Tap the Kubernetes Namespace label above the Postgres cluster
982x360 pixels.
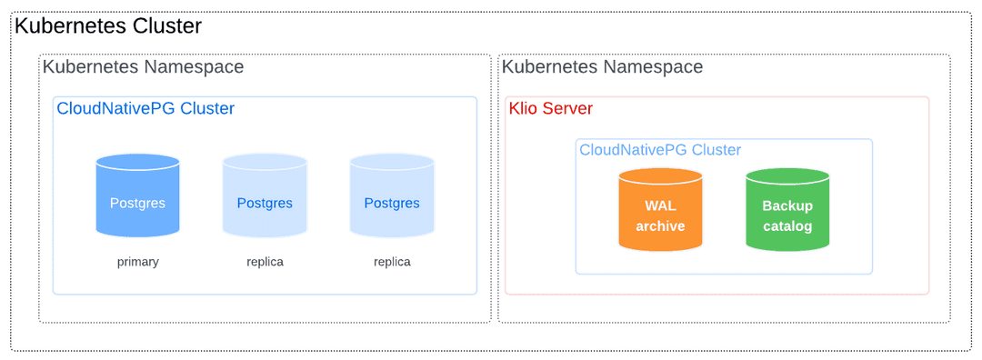(143, 67)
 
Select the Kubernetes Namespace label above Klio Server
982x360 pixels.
(602, 67)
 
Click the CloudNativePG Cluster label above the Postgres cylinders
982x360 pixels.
(145, 109)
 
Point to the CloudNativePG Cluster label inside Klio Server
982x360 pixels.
(660, 150)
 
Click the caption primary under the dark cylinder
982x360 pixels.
(138, 262)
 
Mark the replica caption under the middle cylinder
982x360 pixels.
(265, 262)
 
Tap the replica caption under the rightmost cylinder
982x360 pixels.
(392, 262)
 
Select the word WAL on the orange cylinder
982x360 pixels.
(660, 206)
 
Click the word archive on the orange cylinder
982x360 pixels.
(660, 225)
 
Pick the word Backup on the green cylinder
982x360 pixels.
(787, 206)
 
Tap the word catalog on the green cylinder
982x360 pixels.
(787, 225)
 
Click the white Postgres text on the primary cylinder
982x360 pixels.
(137, 203)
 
